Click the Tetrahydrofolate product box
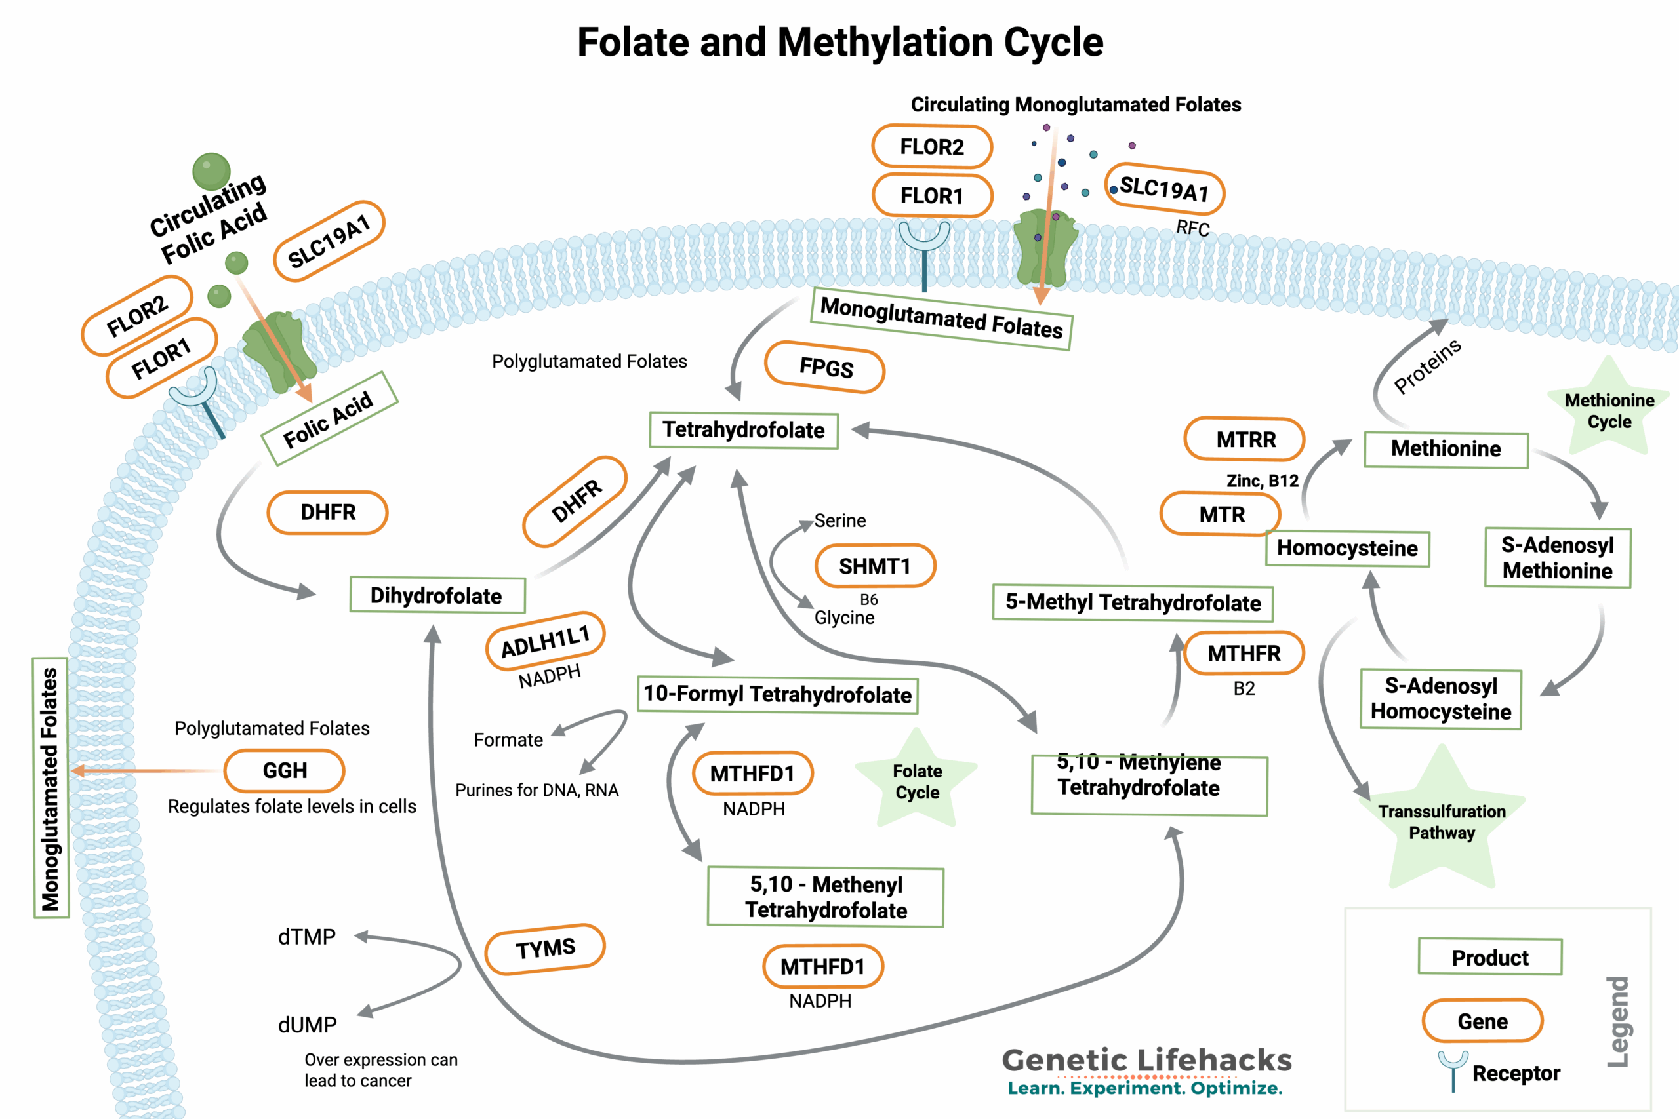[743, 430]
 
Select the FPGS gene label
[824, 368]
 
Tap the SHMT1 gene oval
[874, 566]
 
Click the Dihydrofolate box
[437, 595]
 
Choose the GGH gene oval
[284, 771]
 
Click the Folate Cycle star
[917, 781]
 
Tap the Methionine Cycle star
[1608, 410]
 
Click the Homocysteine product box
[1347, 548]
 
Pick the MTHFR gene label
[1244, 653]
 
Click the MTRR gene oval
[1244, 439]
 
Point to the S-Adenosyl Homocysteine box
[1440, 699]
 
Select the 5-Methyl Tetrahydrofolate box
[1132, 602]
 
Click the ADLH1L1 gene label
[546, 641]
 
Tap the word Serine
[839, 521]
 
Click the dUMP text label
[307, 1025]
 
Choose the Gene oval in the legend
[1482, 1021]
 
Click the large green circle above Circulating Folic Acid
[211, 171]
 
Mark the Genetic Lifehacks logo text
[1146, 1061]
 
